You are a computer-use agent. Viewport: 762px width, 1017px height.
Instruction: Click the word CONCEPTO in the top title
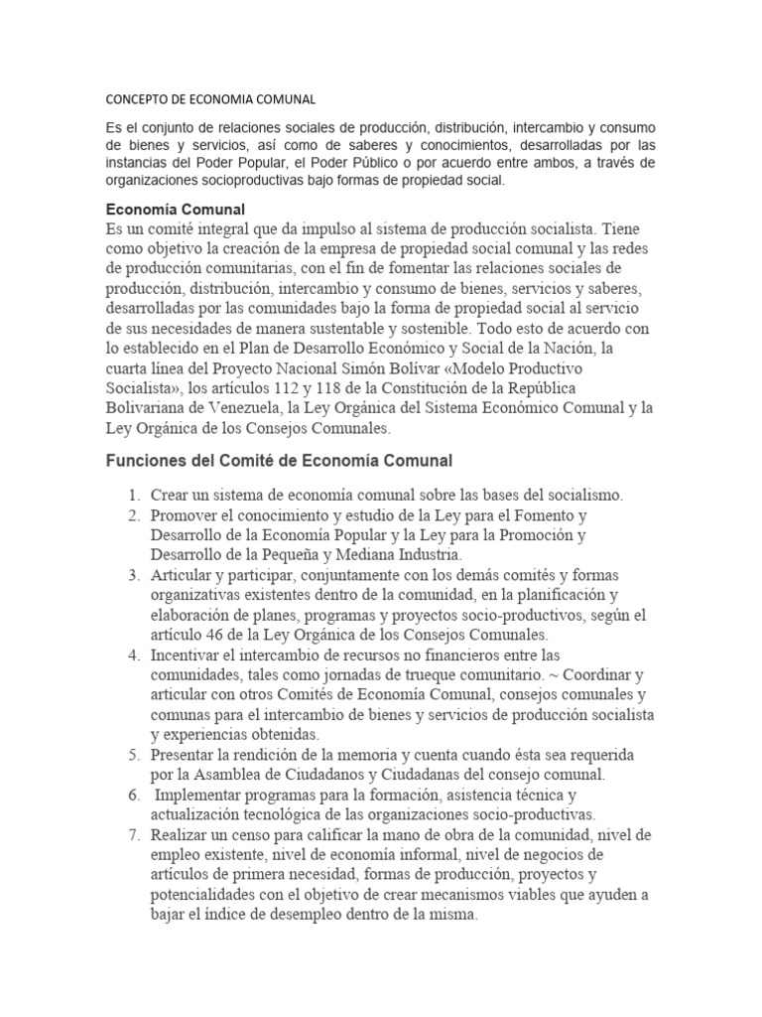tap(139, 99)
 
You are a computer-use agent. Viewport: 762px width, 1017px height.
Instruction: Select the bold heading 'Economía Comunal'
tap(175, 210)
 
